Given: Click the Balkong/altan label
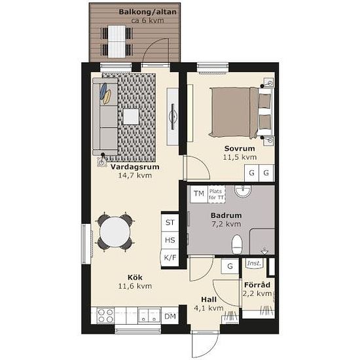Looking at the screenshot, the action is point(148,12).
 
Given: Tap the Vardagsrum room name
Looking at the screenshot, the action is point(135,167).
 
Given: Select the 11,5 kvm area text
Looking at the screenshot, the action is point(240,157).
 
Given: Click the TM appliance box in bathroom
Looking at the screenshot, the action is point(199,194).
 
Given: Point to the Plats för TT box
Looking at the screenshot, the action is point(217,194).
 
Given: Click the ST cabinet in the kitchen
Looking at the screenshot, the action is point(170,223).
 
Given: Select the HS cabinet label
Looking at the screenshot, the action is point(170,240).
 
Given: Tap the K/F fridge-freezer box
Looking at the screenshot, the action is point(170,258).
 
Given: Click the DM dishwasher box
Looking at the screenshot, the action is point(170,316).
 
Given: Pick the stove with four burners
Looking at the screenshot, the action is point(105,315).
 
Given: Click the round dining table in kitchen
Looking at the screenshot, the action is point(115,232).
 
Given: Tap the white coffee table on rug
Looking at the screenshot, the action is point(131,117).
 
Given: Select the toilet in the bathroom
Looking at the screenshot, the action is point(237,244).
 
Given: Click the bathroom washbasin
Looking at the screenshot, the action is point(243,191).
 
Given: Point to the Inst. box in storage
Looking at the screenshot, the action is point(255,263).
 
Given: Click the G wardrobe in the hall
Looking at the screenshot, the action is point(230,266).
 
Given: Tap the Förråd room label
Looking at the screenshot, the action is point(257,285).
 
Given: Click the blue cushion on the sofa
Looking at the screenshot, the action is point(103,90).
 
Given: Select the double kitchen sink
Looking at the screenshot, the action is point(149,315).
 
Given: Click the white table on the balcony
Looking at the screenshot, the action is point(117,41).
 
